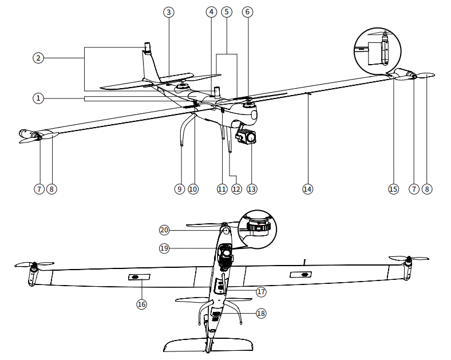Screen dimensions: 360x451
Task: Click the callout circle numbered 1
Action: point(38,98)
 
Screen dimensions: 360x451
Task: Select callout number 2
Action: point(38,58)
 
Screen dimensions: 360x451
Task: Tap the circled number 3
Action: point(168,12)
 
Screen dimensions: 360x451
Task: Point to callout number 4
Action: point(211,12)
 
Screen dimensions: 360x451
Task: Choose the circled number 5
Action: point(227,12)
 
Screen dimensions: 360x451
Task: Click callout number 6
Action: point(247,12)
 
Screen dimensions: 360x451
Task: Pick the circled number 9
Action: point(179,189)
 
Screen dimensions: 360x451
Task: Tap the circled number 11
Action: point(222,189)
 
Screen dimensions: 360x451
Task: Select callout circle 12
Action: point(236,189)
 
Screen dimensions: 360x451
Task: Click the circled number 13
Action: point(252,189)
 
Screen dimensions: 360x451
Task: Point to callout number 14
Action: point(308,189)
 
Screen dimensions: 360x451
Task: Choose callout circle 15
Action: point(393,189)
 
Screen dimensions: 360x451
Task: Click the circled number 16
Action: point(141,304)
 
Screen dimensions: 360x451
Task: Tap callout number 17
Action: point(262,291)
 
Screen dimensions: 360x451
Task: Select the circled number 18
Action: point(262,314)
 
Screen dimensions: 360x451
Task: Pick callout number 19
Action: point(165,249)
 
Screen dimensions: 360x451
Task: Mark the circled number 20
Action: point(165,230)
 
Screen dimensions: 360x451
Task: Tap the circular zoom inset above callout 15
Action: point(379,49)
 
